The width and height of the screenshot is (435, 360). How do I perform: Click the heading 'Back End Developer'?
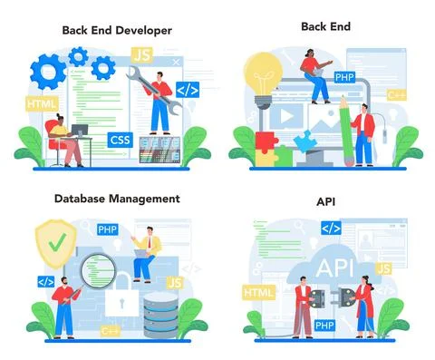(x=116, y=30)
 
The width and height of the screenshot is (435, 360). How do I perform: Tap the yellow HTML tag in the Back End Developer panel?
(x=41, y=104)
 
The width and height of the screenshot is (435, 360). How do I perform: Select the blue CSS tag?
(x=119, y=140)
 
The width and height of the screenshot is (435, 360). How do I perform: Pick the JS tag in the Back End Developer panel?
(x=141, y=56)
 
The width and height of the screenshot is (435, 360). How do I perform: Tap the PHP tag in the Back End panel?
(x=343, y=76)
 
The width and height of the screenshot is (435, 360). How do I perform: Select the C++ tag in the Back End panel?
(x=396, y=94)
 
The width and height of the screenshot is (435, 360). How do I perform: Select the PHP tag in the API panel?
(x=325, y=325)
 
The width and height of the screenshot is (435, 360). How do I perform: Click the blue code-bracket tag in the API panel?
(x=331, y=228)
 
